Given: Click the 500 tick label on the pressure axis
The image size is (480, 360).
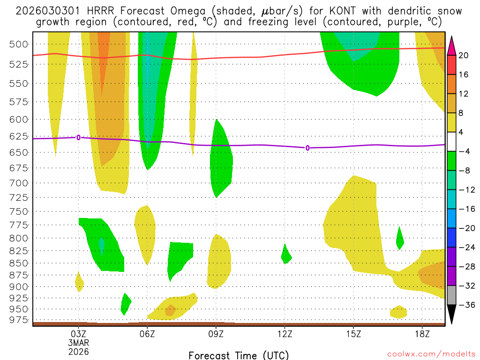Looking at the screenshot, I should click(x=18, y=45).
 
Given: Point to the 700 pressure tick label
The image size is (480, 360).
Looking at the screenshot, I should click(x=18, y=183).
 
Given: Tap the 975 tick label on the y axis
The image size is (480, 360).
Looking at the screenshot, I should click(x=18, y=320).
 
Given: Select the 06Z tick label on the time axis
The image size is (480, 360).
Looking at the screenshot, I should click(x=147, y=334).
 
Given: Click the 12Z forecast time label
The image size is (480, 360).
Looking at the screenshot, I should click(x=285, y=334).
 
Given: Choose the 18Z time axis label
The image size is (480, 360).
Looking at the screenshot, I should click(x=422, y=334).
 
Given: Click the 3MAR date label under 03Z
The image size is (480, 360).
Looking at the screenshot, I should click(x=78, y=343).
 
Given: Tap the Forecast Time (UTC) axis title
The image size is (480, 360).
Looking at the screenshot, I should click(x=239, y=355).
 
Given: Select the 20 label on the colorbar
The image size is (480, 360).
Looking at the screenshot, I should click(x=464, y=56).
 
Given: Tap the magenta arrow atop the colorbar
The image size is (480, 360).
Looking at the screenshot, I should click(x=451, y=45).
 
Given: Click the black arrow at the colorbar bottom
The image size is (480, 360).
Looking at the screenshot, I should click(x=451, y=315).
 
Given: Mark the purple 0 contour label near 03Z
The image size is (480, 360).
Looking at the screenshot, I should click(x=78, y=137).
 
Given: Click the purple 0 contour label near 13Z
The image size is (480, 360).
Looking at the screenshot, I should click(x=307, y=148).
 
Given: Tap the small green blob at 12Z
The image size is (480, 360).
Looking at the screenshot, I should click(x=286, y=255).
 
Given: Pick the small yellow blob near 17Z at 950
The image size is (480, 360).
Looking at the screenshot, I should click(x=398, y=312).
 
